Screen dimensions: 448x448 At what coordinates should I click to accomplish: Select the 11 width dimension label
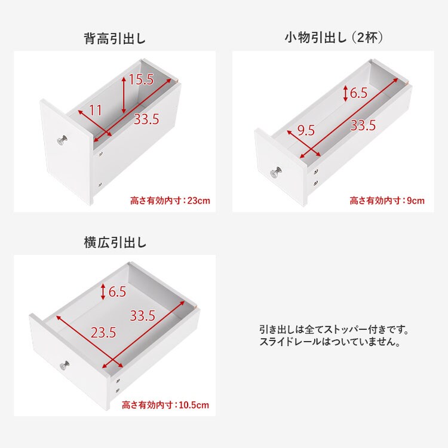(96, 110)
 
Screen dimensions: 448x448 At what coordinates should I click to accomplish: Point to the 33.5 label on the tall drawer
(146, 119)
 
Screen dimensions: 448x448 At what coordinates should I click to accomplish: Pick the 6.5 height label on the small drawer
(358, 93)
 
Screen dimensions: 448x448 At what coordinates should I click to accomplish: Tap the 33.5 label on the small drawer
(363, 126)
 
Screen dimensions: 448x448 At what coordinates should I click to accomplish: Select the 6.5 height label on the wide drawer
(117, 291)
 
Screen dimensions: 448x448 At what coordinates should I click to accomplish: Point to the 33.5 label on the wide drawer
(143, 315)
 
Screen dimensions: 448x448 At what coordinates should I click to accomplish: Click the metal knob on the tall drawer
(63, 141)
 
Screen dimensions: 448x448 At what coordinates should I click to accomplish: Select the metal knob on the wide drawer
(63, 366)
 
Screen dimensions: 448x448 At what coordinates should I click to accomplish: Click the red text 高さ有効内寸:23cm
(170, 201)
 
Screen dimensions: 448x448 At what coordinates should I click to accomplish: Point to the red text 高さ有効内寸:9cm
(387, 201)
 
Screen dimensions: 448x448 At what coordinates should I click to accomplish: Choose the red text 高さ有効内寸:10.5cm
(165, 406)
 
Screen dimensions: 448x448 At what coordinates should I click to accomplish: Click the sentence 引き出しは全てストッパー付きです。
(334, 330)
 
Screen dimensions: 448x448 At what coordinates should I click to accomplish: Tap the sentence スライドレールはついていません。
(330, 343)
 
